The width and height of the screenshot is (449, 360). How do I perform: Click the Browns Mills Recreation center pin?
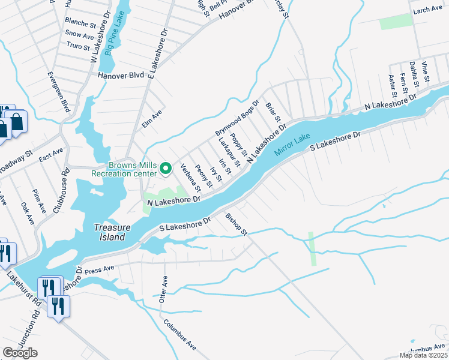pos(166,170)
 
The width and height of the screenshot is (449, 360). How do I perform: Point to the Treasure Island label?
pos(109,232)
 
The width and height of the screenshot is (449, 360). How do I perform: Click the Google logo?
pos(20,352)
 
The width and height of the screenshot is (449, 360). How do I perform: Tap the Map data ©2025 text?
pos(423,355)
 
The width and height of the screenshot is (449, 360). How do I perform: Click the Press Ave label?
pos(100,270)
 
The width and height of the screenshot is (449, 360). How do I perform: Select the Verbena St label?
pos(190,179)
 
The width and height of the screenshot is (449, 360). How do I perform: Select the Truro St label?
pos(77,46)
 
